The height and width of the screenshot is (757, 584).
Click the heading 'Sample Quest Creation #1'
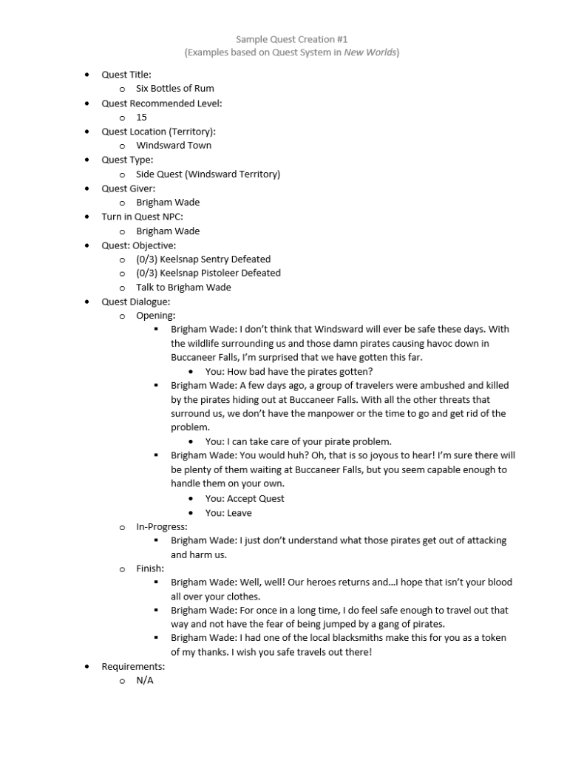(291, 38)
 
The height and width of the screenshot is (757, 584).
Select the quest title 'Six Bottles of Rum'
(175, 89)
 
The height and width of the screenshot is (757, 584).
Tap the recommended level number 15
(141, 117)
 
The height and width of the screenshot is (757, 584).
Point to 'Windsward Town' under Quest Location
(174, 146)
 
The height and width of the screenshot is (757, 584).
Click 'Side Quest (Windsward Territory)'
(208, 174)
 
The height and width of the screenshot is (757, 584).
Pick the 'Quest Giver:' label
(129, 189)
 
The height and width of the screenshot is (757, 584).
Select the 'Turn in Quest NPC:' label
(142, 217)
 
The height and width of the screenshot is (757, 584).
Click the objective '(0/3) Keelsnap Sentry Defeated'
(203, 259)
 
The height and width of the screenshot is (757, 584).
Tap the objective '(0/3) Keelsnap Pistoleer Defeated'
(208, 273)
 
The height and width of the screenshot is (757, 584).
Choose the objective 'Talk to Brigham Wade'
(183, 288)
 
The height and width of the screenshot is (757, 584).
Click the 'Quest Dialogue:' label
(136, 302)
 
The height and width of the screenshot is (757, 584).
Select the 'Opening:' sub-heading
(155, 316)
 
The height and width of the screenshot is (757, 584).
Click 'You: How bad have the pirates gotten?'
(289, 372)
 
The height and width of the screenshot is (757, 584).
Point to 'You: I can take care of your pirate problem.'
(299, 442)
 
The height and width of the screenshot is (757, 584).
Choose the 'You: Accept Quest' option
(245, 499)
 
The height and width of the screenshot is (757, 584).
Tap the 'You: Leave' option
(228, 513)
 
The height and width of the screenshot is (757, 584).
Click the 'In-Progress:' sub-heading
(162, 527)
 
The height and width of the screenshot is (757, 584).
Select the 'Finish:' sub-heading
(150, 568)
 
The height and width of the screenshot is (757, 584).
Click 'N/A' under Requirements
(144, 680)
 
